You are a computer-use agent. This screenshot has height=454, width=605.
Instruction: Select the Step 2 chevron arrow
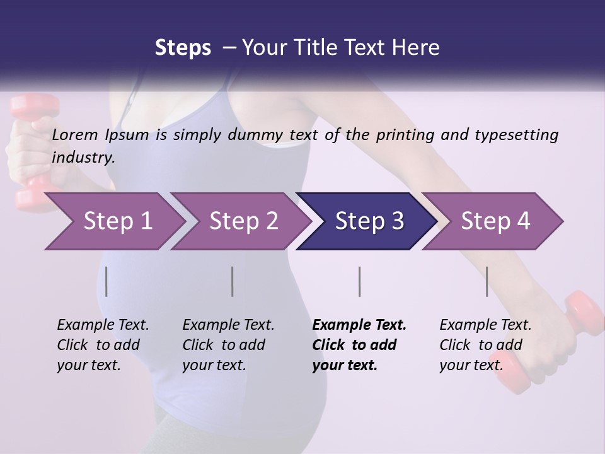pos(239,221)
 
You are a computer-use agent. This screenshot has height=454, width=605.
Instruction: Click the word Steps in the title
pos(183,47)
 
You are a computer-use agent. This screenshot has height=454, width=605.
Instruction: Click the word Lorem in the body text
pos(74,134)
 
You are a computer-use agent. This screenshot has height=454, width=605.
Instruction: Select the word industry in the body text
pos(83,158)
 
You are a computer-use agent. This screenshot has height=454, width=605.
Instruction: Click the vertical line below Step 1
pos(107,281)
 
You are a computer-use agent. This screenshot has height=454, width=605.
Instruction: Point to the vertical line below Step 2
pos(233,281)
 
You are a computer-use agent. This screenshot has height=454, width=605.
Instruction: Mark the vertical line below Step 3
pos(359,281)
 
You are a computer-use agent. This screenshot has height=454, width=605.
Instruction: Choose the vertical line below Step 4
pos(487,281)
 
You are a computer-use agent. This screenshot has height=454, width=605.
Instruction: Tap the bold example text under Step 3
pos(359,345)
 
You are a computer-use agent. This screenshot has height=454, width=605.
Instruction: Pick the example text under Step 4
pos(485,345)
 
